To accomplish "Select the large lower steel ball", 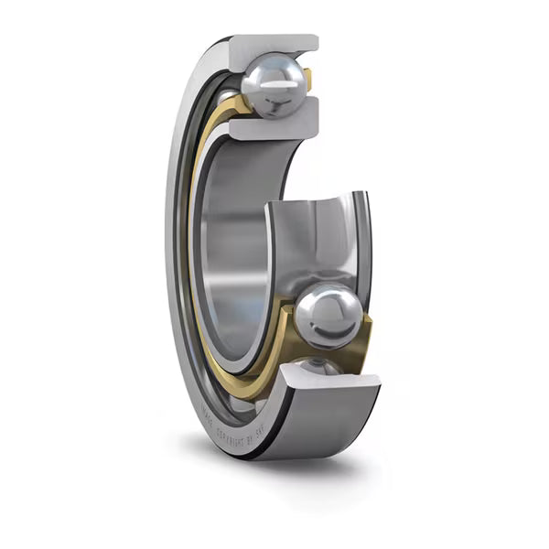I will pos(328,316).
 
